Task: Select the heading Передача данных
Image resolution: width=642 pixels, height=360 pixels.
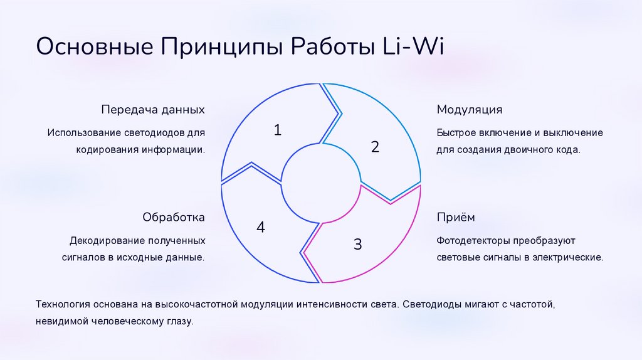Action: pyautogui.click(x=153, y=110)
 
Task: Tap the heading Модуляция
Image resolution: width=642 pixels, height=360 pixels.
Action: pyautogui.click(x=470, y=110)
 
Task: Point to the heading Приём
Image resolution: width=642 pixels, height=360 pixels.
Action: pyautogui.click(x=456, y=218)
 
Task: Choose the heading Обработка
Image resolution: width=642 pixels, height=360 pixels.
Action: pyautogui.click(x=174, y=218)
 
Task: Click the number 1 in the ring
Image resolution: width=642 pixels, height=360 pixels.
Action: pyautogui.click(x=278, y=130)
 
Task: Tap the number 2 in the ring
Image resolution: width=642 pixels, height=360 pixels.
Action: pyautogui.click(x=375, y=147)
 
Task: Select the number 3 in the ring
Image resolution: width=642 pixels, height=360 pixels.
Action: pyautogui.click(x=357, y=244)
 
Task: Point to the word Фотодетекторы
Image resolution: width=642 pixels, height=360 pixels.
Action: pyautogui.click(x=472, y=241)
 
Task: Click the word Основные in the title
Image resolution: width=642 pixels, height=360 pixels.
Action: pyautogui.click(x=95, y=48)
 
